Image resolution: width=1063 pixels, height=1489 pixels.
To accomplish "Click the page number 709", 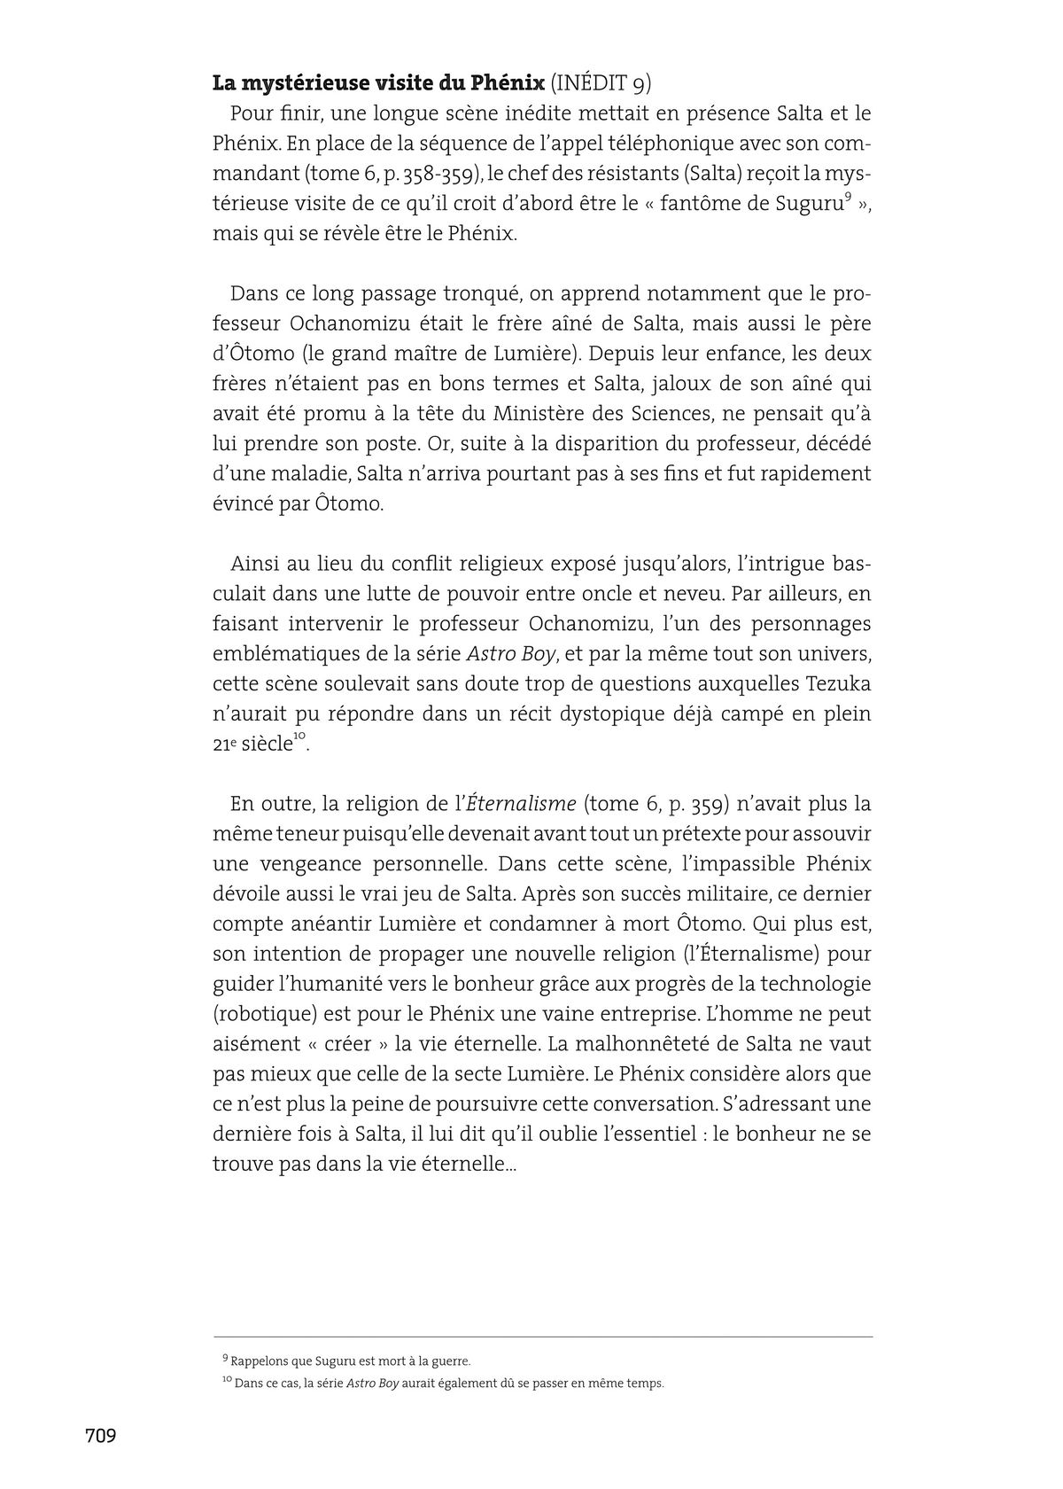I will [100, 1436].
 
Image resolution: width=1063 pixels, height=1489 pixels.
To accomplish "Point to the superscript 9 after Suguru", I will [848, 198].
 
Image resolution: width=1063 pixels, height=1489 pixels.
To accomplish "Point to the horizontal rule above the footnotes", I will [542, 1337].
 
